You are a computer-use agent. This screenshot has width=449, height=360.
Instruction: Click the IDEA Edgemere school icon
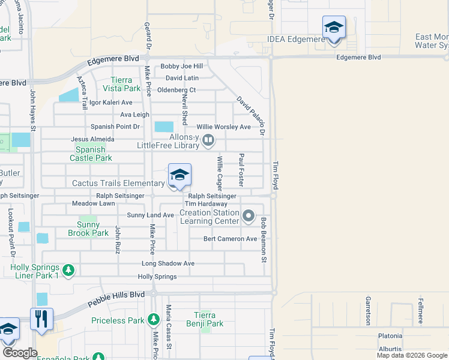pos(334,28)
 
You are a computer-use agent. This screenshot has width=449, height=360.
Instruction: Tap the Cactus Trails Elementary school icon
pos(179,175)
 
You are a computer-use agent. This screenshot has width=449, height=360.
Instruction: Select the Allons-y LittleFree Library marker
pos(208,140)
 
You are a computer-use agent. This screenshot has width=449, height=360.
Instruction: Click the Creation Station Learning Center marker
pos(249,215)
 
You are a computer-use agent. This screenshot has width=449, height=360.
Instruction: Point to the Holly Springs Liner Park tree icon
pos(69,270)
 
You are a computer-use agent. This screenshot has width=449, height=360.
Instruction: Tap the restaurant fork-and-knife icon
pos(41,319)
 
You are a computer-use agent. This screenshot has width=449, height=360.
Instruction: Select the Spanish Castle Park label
pos(91,154)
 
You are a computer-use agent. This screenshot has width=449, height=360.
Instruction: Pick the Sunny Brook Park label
pos(88,229)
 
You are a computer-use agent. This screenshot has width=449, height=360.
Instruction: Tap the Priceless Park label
pos(118,320)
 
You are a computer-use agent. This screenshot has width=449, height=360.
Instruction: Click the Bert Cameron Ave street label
pos(230,239)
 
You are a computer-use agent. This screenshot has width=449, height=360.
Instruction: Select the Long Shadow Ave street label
pos(168,263)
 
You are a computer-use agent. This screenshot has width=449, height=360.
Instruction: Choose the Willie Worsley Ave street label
pos(224,127)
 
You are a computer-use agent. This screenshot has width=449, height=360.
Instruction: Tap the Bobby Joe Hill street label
pos(181,67)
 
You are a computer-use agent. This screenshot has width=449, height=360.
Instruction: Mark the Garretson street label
pos(367,310)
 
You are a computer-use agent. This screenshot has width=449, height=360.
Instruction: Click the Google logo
pos(20,353)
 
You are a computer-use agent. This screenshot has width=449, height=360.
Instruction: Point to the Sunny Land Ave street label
pos(150,215)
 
